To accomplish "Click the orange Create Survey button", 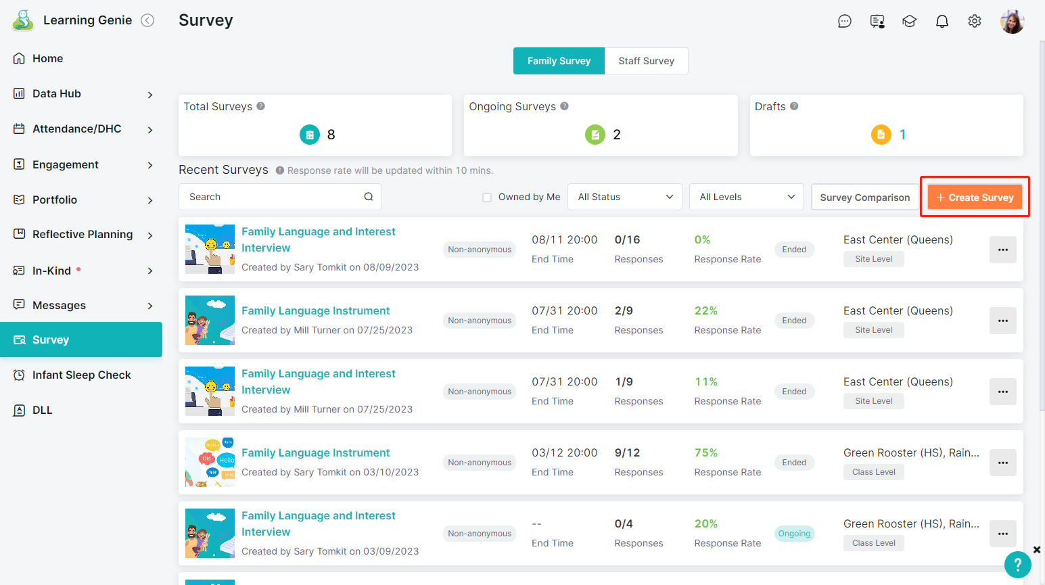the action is (975, 197).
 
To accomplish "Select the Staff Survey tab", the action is (646, 61).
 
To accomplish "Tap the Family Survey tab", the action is (559, 61).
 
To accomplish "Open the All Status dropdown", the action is (625, 197).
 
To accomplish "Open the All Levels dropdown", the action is (747, 197).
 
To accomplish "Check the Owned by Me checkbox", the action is (487, 197).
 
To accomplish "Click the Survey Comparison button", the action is (865, 197).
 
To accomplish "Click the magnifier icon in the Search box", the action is (369, 197).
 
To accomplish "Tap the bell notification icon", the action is (942, 21).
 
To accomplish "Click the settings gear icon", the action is (975, 21).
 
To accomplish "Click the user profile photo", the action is (1013, 22).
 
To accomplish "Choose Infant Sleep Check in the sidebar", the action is (81, 375).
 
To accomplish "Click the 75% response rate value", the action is (706, 452).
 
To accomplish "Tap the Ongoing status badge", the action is (794, 533).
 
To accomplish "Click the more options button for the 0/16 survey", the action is (1003, 250).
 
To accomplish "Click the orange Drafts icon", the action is (881, 135).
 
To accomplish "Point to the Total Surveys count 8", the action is (331, 135).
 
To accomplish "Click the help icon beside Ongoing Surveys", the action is (565, 106).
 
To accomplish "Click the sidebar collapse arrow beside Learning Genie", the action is (147, 20).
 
